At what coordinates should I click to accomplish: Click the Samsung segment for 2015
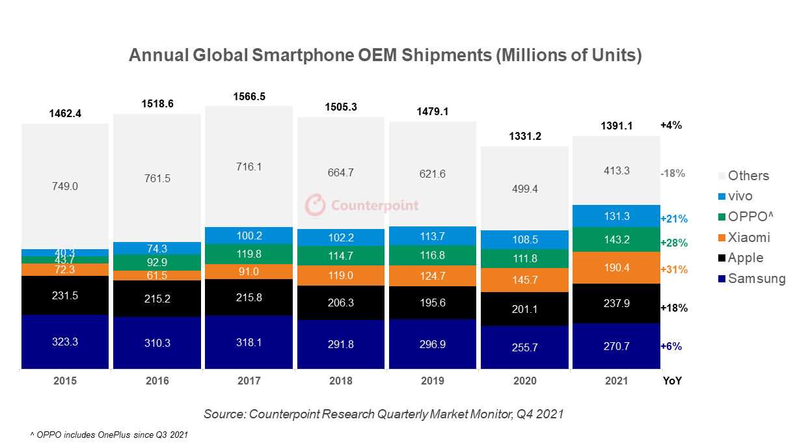coord(64,342)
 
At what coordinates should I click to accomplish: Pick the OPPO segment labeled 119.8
coord(249,254)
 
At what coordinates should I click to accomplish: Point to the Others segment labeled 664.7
coord(340,172)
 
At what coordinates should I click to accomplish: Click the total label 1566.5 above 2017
coord(249,96)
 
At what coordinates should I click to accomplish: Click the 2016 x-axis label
coord(157,381)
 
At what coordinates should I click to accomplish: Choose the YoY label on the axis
coord(671,381)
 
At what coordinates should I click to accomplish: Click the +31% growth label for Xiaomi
coord(673,269)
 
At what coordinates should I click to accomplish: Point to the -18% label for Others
coord(673,174)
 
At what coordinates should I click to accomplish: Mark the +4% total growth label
coord(671,125)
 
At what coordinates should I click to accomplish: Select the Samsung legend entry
coord(756,278)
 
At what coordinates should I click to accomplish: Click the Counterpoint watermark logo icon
coord(316,204)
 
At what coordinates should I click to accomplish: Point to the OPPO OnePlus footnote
coord(109,434)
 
